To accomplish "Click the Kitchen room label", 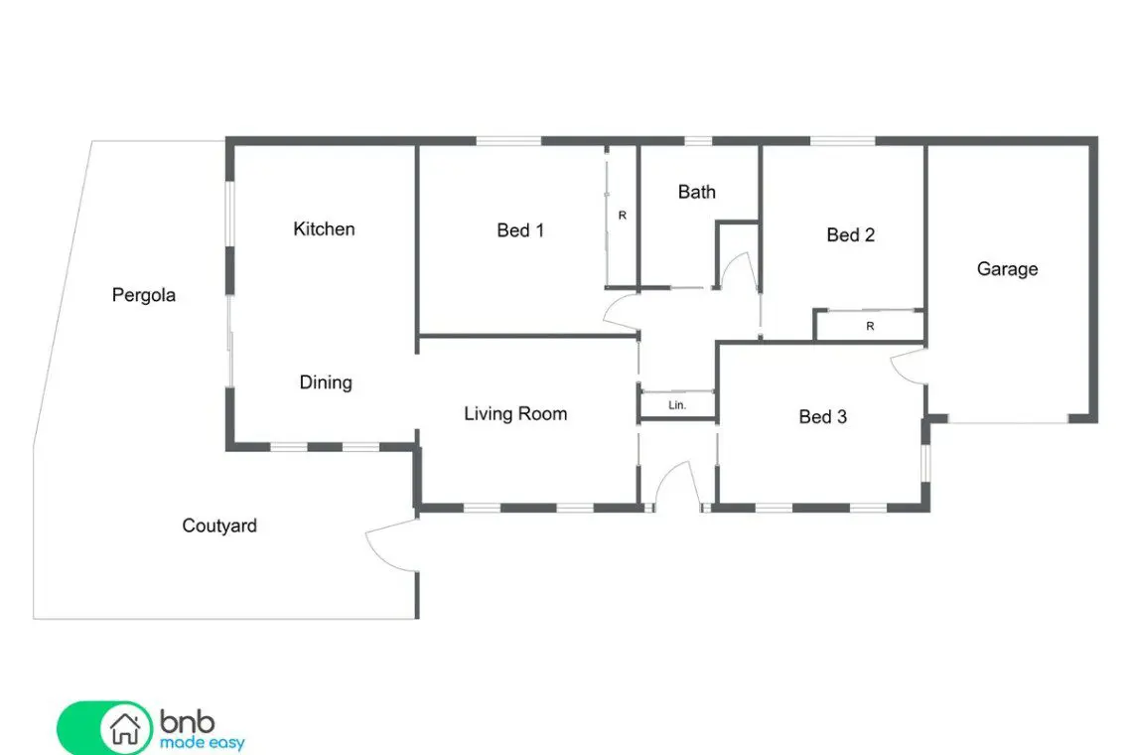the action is tap(324, 229).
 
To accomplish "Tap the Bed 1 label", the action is tap(519, 230).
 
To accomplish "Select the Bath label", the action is tap(697, 192).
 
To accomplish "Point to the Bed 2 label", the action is tap(850, 234).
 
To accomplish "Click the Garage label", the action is tap(1007, 269).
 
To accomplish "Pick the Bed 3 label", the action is tap(822, 417).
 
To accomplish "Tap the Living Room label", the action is tap(515, 414).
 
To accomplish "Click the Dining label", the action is tap(326, 382).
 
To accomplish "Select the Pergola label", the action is tap(144, 295).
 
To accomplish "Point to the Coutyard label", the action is tap(219, 526).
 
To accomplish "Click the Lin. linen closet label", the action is tap(677, 405).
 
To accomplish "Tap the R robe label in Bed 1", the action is tap(623, 216).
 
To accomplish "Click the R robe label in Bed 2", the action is tap(870, 327).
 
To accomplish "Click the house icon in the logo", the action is tap(125, 728).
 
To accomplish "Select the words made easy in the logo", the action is tap(203, 743).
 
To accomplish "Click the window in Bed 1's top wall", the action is tap(508, 141).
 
